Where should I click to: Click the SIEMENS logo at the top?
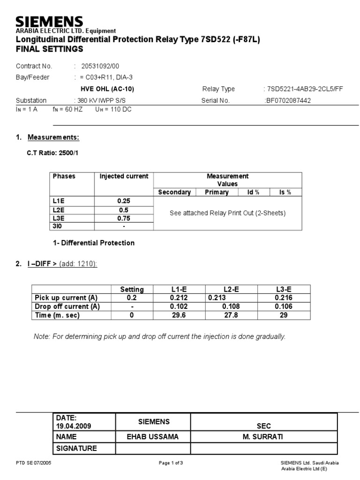pyautogui.click(x=49, y=22)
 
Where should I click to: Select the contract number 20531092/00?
pyautogui.click(x=103, y=66)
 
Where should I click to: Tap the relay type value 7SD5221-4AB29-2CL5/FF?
pyautogui.click(x=303, y=89)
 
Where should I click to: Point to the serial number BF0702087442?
pyautogui.click(x=288, y=100)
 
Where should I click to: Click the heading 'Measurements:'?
pyautogui.click(x=53, y=137)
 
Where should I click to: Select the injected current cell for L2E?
pyautogui.click(x=124, y=210)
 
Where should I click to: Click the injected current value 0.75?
pyautogui.click(x=124, y=218)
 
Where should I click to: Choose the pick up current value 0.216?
pyautogui.click(x=283, y=298)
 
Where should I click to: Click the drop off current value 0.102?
pyautogui.click(x=179, y=307)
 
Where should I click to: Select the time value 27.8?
pyautogui.click(x=231, y=315)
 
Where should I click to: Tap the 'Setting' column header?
pyautogui.click(x=132, y=289)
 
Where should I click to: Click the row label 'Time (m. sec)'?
pyautogui.click(x=58, y=315)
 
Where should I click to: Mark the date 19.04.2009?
pyautogui.click(x=74, y=426)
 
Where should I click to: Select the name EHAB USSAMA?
pyautogui.click(x=153, y=437)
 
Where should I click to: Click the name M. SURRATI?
pyautogui.click(x=264, y=437)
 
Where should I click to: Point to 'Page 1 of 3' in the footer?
pyautogui.click(x=171, y=463)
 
